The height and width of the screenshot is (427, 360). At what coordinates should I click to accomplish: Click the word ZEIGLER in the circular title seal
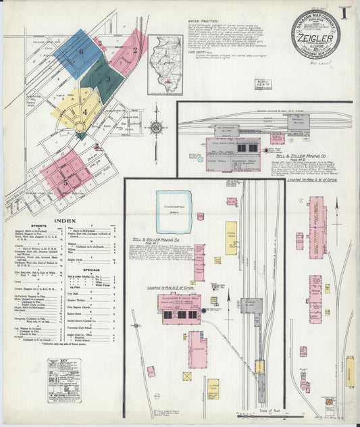click(315, 32)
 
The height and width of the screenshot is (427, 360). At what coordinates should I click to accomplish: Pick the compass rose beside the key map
click(157, 126)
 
